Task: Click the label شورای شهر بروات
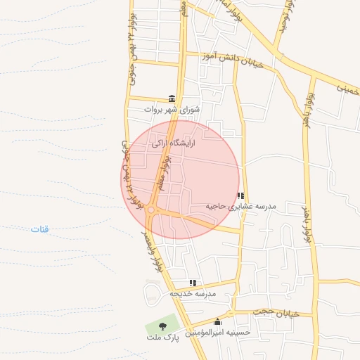click(x=172, y=110)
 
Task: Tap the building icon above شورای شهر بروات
click(x=172, y=98)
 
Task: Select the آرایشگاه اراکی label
click(x=173, y=143)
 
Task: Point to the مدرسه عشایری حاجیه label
click(x=241, y=207)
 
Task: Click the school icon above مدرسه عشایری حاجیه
click(x=240, y=196)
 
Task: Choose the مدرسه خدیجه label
click(x=193, y=293)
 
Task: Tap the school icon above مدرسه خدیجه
click(x=193, y=283)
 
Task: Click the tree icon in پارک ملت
click(x=162, y=326)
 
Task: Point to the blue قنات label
click(x=40, y=229)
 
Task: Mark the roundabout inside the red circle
click(x=152, y=209)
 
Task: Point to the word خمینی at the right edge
click(x=347, y=89)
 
